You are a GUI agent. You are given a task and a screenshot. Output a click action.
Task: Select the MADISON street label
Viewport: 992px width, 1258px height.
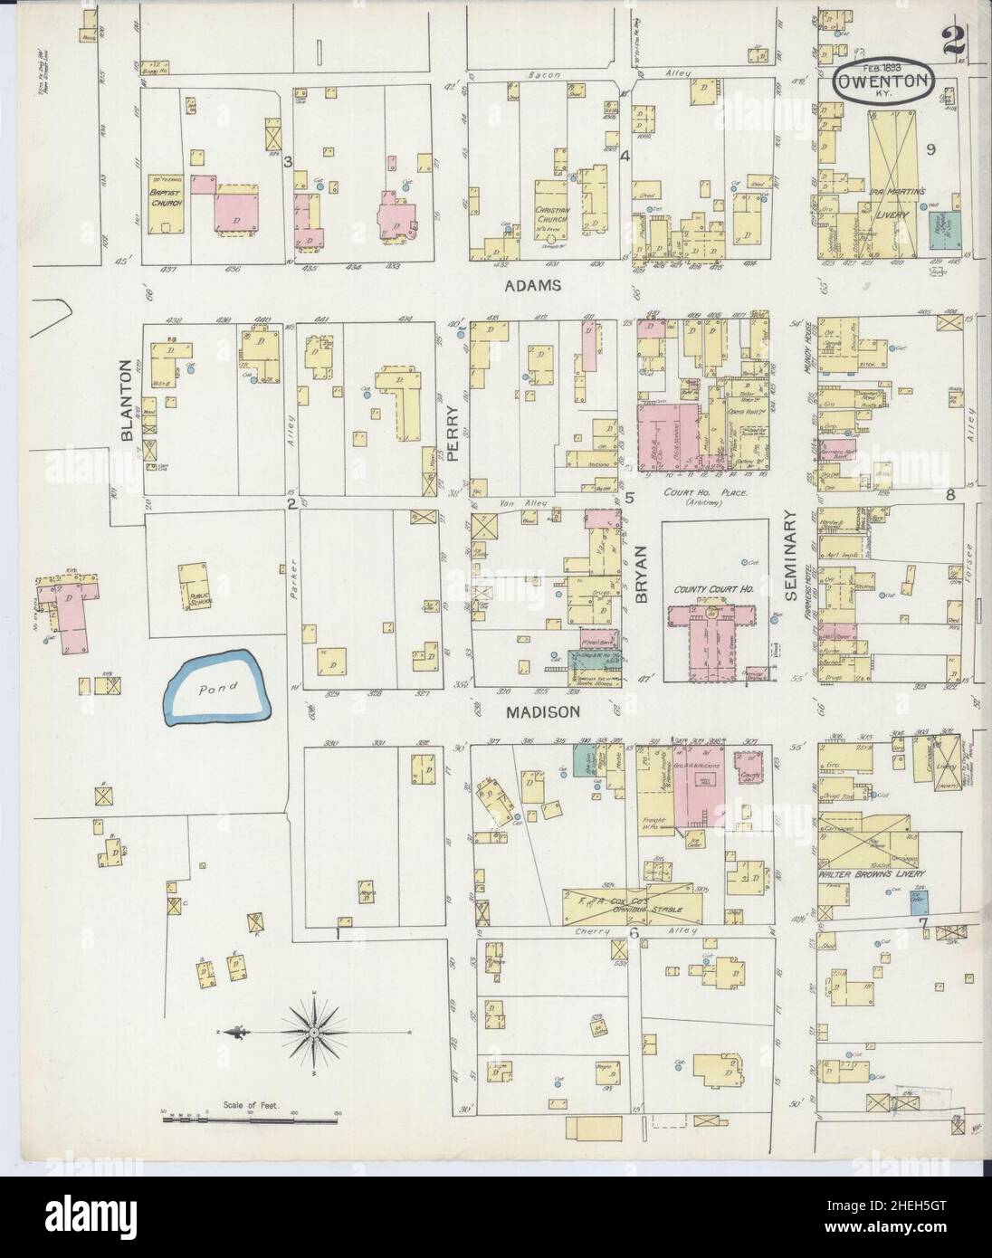[543, 712]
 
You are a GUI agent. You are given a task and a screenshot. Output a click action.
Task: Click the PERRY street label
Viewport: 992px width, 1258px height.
[453, 433]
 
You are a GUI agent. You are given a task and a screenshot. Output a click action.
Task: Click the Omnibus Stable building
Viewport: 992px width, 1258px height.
[627, 905]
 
